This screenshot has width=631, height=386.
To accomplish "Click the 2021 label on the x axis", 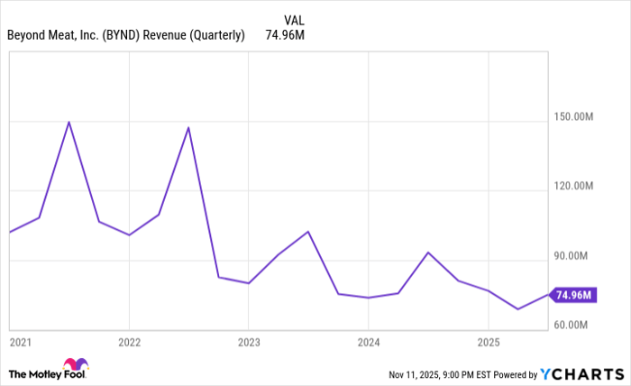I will pos(19,343).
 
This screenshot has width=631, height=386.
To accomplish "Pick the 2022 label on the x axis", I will pos(130,343).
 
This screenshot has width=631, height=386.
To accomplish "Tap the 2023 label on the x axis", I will pos(250,343).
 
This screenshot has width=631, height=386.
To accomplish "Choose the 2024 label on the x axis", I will pos(369,343).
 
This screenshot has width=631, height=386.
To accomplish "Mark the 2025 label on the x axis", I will pos(488,343).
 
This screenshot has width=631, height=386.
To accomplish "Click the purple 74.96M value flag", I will pos(573,295).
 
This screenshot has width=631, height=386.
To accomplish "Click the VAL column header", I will pos(295,20).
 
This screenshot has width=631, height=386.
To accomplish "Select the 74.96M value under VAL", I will pos(284,36).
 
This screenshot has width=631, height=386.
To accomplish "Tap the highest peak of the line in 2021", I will pos(69,122).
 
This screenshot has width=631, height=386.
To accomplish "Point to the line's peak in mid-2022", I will pos(188,127).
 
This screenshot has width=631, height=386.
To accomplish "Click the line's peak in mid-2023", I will pos(308,232).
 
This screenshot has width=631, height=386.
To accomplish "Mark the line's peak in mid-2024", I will pos(428,253).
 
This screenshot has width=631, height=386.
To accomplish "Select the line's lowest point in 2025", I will pos(517,309).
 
